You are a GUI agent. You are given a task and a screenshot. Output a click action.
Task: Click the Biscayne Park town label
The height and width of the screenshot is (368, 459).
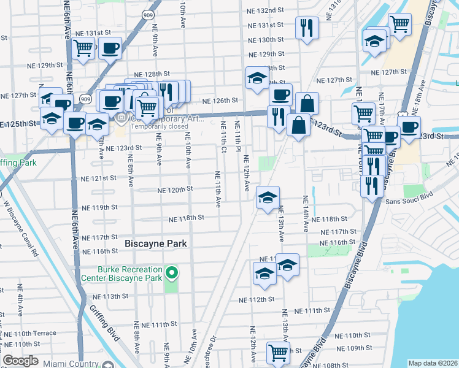(x=155, y=243)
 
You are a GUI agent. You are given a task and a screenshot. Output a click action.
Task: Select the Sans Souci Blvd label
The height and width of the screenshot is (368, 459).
(x=407, y=201)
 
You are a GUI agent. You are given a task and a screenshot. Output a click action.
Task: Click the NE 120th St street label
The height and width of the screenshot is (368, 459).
(x=175, y=190)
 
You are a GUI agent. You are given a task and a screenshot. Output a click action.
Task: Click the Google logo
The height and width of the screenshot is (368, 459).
(x=20, y=361)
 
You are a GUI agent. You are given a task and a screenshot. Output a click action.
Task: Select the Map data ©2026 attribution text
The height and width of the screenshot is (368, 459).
(x=433, y=363)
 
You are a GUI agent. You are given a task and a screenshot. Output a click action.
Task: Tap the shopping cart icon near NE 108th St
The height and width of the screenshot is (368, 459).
(x=278, y=353)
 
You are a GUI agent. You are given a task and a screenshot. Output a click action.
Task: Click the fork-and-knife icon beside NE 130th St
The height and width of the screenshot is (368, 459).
(x=306, y=28)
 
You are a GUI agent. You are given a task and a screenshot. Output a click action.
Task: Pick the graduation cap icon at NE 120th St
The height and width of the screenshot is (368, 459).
(x=268, y=198)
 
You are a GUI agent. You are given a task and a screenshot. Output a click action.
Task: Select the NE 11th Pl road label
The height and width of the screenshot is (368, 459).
(x=237, y=138)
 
